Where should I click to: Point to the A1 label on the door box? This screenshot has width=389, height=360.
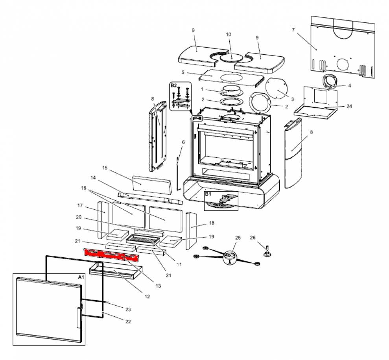(x=81, y=277)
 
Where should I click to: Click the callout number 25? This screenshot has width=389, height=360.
(x=237, y=238)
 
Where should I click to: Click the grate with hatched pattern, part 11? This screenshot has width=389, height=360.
(x=143, y=238)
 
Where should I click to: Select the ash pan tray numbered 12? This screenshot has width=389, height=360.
(x=114, y=271)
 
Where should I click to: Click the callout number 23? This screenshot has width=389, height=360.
(x=128, y=308)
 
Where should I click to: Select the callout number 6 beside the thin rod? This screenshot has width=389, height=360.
(x=183, y=142)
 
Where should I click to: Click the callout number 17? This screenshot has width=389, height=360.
(x=79, y=205)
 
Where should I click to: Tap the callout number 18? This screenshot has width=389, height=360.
(x=212, y=223)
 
